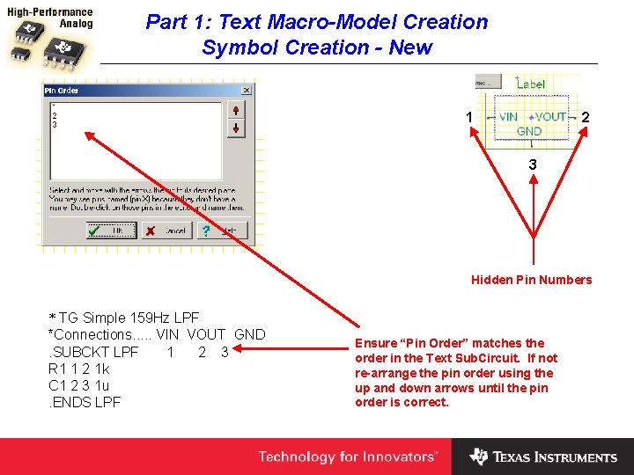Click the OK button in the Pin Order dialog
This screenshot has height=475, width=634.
coord(111,230)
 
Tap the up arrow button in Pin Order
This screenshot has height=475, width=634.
coord(235,110)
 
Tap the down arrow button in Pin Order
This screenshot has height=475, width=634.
coord(235,128)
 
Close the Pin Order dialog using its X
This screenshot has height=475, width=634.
coord(246,90)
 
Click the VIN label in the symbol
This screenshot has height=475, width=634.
coord(508,116)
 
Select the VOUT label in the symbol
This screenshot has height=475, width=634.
coord(551,116)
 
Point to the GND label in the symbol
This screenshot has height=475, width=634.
coord(529,131)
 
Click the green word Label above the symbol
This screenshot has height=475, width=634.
coord(530,84)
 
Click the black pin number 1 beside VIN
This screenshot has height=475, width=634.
coord(469,117)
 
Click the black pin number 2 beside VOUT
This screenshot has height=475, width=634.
coord(586,117)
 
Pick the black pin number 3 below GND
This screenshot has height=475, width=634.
coord(532,164)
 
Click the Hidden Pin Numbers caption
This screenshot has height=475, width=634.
coord(531,280)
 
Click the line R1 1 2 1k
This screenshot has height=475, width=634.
coord(78,369)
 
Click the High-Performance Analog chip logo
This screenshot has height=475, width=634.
coord(50,39)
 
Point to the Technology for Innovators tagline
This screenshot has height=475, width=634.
coord(347,457)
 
